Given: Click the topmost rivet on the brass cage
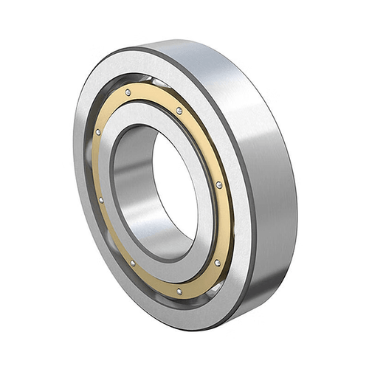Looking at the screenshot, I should pyautogui.click(x=128, y=92).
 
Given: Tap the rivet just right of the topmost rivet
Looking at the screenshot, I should pyautogui.click(x=179, y=111).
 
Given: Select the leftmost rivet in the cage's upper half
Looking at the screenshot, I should pyautogui.click(x=97, y=132).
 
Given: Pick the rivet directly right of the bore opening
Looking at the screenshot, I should pyautogui.click(x=218, y=184).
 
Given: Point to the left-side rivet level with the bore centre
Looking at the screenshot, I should pyautogui.click(x=100, y=199).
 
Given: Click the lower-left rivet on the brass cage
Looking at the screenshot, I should pyautogui.click(x=132, y=262).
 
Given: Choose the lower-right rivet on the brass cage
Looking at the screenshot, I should pyautogui.click(x=218, y=262).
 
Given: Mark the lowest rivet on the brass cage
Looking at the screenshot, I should pyautogui.click(x=179, y=291).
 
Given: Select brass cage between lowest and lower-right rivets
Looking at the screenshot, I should pyautogui.click(x=201, y=281).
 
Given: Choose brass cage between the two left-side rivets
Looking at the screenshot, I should pyautogui.click(x=97, y=166).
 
